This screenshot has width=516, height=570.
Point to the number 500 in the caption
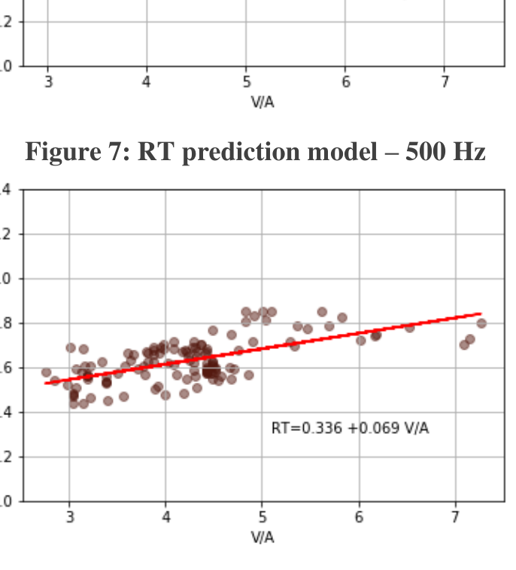(x=424, y=153)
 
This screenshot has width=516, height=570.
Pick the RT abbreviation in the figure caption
(x=155, y=153)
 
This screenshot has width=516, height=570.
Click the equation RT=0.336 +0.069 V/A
(x=351, y=429)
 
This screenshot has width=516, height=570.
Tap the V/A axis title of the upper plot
(x=263, y=102)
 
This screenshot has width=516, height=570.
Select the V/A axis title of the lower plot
(x=263, y=537)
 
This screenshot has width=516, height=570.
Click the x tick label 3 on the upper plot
(x=48, y=83)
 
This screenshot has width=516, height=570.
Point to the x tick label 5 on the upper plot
(x=247, y=83)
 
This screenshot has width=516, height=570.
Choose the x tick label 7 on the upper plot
(x=445, y=83)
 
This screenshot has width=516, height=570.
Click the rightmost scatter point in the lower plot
(x=481, y=323)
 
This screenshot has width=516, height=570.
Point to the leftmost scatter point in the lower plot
(x=46, y=372)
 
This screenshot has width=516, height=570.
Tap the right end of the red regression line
(x=480, y=314)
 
